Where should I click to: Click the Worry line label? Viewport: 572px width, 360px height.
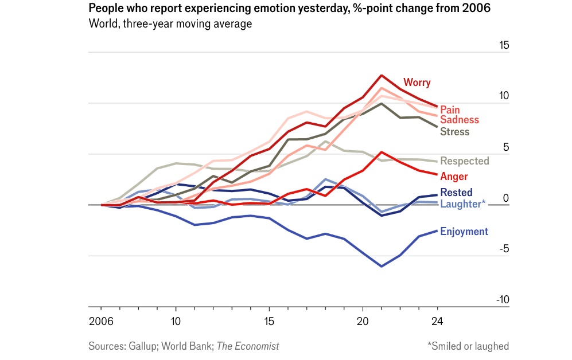pos(417,83)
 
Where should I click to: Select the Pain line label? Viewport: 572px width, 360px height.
pos(450,109)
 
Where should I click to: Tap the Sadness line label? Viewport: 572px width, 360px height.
pos(459,120)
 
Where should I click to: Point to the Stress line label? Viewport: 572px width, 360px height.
pos(454,132)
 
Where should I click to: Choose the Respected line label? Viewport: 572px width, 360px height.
pos(464,161)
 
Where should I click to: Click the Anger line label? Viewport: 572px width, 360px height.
pos(454,177)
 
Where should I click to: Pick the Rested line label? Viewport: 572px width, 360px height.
pos(456,193)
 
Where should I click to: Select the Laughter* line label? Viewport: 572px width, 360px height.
pos(462,203)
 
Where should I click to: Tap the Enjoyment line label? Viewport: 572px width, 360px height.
pos(464,232)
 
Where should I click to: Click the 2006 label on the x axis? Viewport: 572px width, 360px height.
pos(100,321)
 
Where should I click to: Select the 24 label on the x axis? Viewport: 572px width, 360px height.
pos(438,321)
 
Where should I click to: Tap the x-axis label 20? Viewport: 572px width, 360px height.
pos(363,321)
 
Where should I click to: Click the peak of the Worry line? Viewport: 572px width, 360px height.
pos(381,76)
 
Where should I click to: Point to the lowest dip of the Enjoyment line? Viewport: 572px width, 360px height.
pos(381,267)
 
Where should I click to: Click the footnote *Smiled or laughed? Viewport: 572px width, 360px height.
pos(468,346)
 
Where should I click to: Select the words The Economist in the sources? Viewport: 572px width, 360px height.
pos(248,346)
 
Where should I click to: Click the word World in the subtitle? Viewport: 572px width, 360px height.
pos(102,24)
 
